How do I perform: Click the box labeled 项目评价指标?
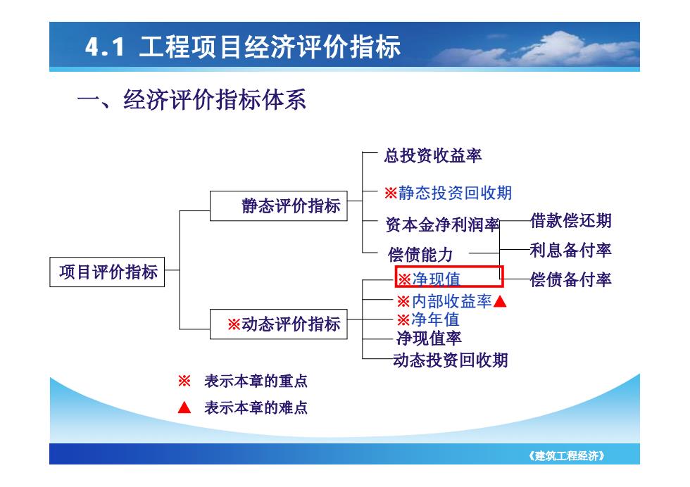point(107,272)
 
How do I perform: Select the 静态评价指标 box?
point(279,205)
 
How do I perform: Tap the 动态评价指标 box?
point(279,324)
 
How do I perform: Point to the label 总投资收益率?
point(433,156)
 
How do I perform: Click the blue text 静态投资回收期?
point(455,193)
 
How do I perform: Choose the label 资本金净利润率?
point(442,224)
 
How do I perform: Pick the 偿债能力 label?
point(420,255)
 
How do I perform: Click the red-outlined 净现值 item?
point(449,277)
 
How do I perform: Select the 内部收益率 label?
point(451,301)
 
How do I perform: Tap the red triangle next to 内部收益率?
point(500,302)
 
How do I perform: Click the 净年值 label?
point(435,320)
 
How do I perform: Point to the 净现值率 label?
point(429,339)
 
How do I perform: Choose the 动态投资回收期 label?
point(450,360)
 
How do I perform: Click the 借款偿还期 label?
point(571,221)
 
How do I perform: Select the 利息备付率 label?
point(571,251)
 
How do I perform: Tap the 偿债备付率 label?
point(571,279)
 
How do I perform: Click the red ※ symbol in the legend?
point(184,381)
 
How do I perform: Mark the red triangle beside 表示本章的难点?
point(184,407)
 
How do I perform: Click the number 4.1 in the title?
point(105,47)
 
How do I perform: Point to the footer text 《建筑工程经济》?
point(567,456)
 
